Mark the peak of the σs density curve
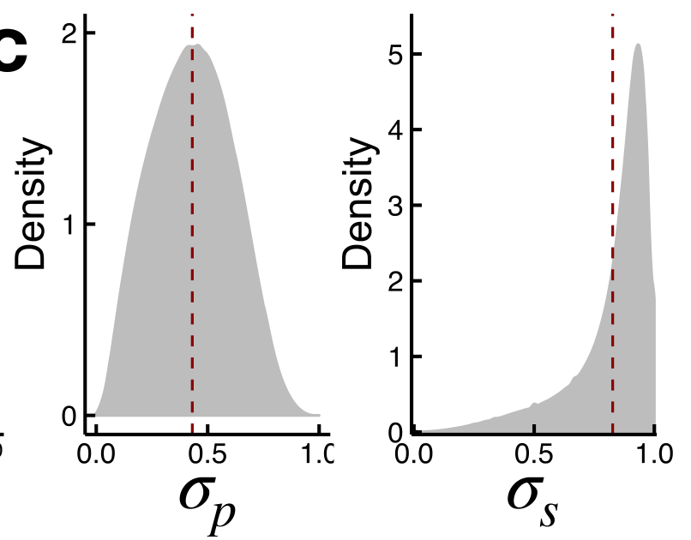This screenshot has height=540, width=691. pos(637,45)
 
